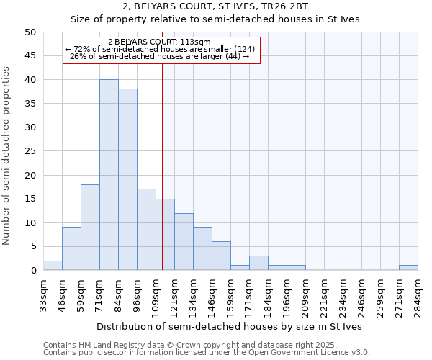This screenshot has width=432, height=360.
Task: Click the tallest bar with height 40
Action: point(109,175)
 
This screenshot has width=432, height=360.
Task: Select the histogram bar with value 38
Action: point(127,179)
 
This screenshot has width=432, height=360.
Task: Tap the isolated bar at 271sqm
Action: point(408,268)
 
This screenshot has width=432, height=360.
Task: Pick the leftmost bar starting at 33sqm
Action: point(53,266)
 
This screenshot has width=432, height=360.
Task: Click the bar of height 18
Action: point(90,228)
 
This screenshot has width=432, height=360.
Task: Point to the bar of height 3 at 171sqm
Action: point(258,264)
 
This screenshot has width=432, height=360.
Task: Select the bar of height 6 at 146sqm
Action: point(221,256)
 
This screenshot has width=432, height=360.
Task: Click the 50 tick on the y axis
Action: point(30,32)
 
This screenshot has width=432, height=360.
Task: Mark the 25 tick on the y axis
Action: point(30,151)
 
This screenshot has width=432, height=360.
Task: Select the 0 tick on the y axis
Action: point(32,271)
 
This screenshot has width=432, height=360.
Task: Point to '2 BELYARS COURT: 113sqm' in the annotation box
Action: point(159,42)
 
